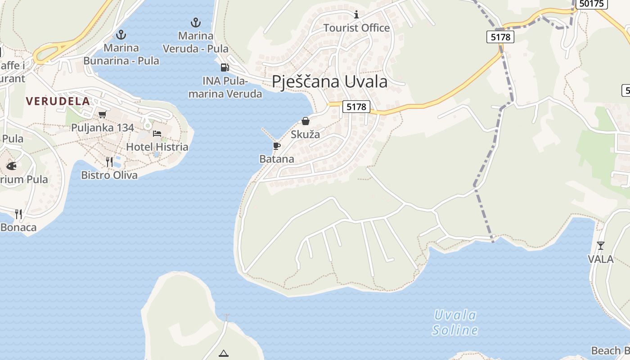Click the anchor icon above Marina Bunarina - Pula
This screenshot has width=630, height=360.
tap(121, 34)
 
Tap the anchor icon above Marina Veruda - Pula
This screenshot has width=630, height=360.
tap(195, 22)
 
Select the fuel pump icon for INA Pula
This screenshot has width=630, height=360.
tap(224, 67)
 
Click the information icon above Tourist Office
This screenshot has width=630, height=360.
tap(356, 15)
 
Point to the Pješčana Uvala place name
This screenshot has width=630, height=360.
tap(329, 82)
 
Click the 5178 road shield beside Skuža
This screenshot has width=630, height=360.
tap(356, 107)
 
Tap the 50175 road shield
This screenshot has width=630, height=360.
tap(591, 4)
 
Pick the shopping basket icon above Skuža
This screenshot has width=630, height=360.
tap(306, 121)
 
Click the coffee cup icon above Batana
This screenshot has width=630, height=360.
tap(276, 146)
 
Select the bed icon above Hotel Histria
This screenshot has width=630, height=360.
tap(157, 134)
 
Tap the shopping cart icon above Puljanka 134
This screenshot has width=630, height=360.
tap(102, 115)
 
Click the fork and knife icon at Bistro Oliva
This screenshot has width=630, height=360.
tap(109, 162)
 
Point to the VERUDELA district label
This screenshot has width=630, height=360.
tap(58, 101)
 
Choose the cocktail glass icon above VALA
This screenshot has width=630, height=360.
tap(600, 246)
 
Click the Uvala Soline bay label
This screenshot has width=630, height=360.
tap(455, 323)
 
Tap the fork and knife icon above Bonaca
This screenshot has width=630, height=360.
tap(18, 214)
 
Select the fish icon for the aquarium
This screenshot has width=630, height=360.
tap(11, 166)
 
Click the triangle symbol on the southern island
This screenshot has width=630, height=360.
tap(224, 353)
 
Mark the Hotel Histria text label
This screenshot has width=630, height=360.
tap(157, 147)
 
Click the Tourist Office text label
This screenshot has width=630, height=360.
tap(356, 28)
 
